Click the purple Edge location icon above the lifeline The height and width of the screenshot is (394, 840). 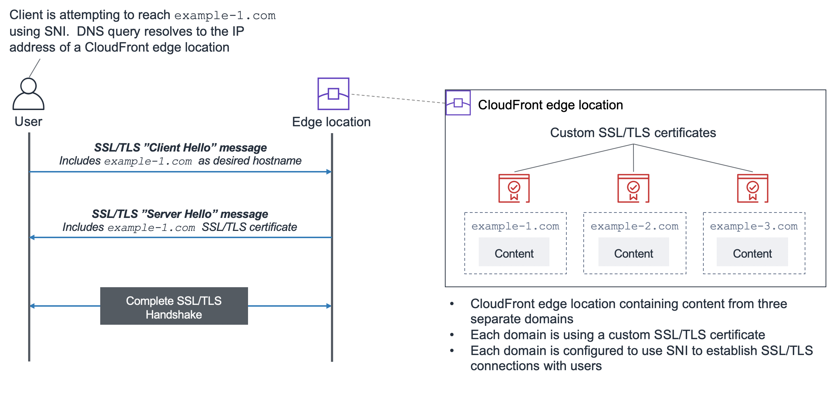(333, 94)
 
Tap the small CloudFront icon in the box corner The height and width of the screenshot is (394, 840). (458, 103)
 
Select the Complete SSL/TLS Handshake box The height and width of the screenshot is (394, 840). (174, 306)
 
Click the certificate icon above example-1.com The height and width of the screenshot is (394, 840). (514, 188)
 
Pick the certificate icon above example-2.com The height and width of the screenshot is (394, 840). (633, 188)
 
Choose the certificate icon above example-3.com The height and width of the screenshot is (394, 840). (752, 188)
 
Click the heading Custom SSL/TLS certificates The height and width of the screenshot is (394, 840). (633, 133)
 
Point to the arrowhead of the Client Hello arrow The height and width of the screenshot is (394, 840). (329, 172)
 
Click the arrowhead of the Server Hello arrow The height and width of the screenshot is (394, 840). (32, 237)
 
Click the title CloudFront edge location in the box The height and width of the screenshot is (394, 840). (550, 105)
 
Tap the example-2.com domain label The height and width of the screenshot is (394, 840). (634, 226)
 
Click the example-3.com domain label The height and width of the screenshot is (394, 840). (753, 226)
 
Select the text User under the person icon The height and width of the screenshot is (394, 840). (28, 122)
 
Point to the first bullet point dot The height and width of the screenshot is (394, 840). (452, 304)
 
